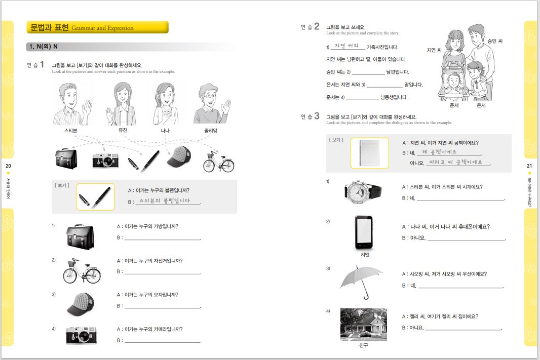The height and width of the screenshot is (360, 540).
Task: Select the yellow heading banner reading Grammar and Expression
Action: click(97, 27)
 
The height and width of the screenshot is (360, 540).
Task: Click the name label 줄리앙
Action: click(211, 131)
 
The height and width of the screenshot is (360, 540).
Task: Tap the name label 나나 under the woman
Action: click(165, 131)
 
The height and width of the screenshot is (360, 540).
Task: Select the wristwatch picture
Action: click(363, 191)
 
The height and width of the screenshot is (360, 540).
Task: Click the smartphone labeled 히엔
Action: click(364, 232)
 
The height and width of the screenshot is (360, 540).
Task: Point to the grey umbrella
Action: click(361, 280)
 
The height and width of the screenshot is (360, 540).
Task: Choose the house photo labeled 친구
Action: click(363, 324)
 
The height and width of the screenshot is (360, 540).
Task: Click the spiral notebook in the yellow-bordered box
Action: click(369, 153)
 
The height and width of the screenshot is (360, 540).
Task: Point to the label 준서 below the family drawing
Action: click(454, 106)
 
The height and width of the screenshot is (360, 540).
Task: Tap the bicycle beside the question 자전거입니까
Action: click(81, 271)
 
